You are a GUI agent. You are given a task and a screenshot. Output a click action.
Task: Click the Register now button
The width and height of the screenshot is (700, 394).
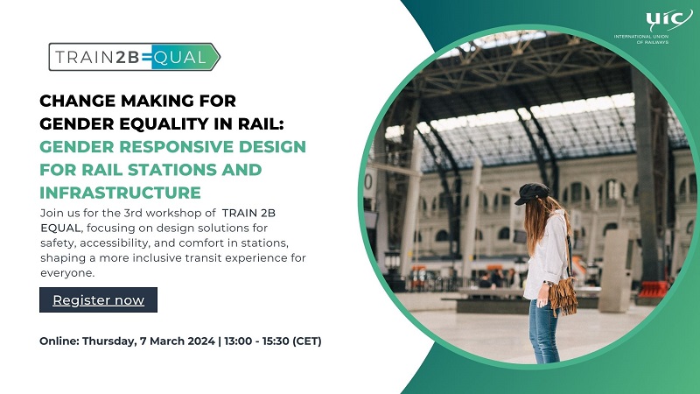click(x=98, y=300)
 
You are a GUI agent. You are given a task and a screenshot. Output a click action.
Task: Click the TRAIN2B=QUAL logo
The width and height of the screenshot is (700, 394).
click(x=133, y=59)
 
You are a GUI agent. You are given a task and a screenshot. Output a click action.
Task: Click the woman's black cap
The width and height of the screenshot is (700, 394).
click(x=532, y=193)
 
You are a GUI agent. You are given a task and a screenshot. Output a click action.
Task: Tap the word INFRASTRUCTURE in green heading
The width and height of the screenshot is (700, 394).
click(x=121, y=192)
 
